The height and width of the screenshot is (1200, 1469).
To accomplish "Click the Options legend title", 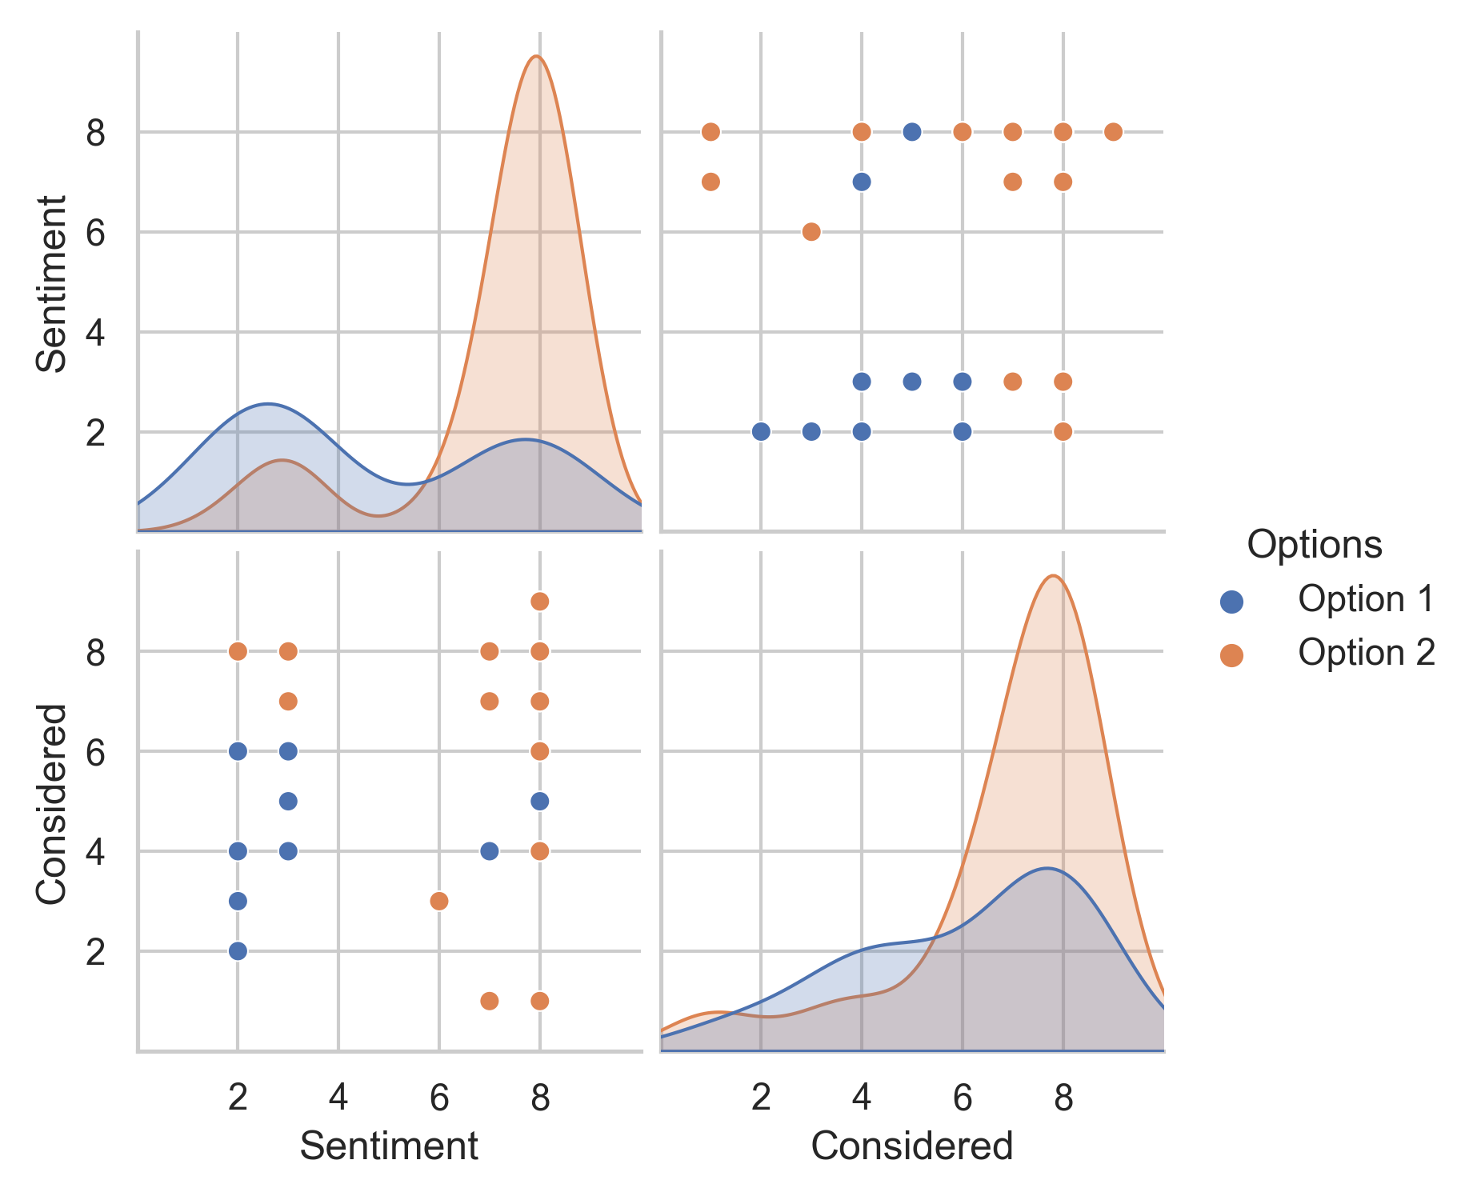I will click(1314, 546).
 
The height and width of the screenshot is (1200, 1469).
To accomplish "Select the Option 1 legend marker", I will click(1231, 602).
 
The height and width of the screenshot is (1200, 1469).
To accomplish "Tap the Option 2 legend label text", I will click(1367, 654).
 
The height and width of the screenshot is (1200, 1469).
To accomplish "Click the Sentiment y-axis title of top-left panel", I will click(52, 284).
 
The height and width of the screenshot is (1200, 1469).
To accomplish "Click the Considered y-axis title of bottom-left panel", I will click(52, 804).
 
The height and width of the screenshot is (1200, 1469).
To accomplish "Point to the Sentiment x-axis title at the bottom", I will click(389, 1146).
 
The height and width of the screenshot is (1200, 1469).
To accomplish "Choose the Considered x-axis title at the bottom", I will click(912, 1146).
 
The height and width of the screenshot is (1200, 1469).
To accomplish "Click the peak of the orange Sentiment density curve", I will click(536, 56).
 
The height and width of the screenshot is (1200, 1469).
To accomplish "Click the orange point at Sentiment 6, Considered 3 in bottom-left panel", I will click(438, 901).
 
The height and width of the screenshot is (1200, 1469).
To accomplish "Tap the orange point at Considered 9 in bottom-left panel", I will click(539, 602).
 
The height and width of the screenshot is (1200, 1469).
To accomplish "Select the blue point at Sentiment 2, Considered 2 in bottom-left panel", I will click(238, 951).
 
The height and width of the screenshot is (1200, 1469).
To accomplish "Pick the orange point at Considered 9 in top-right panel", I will click(1113, 132).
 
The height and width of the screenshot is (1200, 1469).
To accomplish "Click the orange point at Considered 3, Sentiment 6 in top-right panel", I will click(811, 232).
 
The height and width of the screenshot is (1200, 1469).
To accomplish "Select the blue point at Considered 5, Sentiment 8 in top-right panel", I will click(911, 132).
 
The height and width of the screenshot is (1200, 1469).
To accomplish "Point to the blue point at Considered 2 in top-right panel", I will click(761, 432).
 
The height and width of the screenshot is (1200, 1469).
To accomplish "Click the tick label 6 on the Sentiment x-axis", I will click(438, 1099).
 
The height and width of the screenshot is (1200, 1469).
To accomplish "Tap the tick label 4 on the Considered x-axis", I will click(861, 1099).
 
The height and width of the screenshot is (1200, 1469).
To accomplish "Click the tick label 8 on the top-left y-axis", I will click(96, 133).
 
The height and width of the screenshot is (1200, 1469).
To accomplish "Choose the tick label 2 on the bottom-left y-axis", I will click(96, 952).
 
